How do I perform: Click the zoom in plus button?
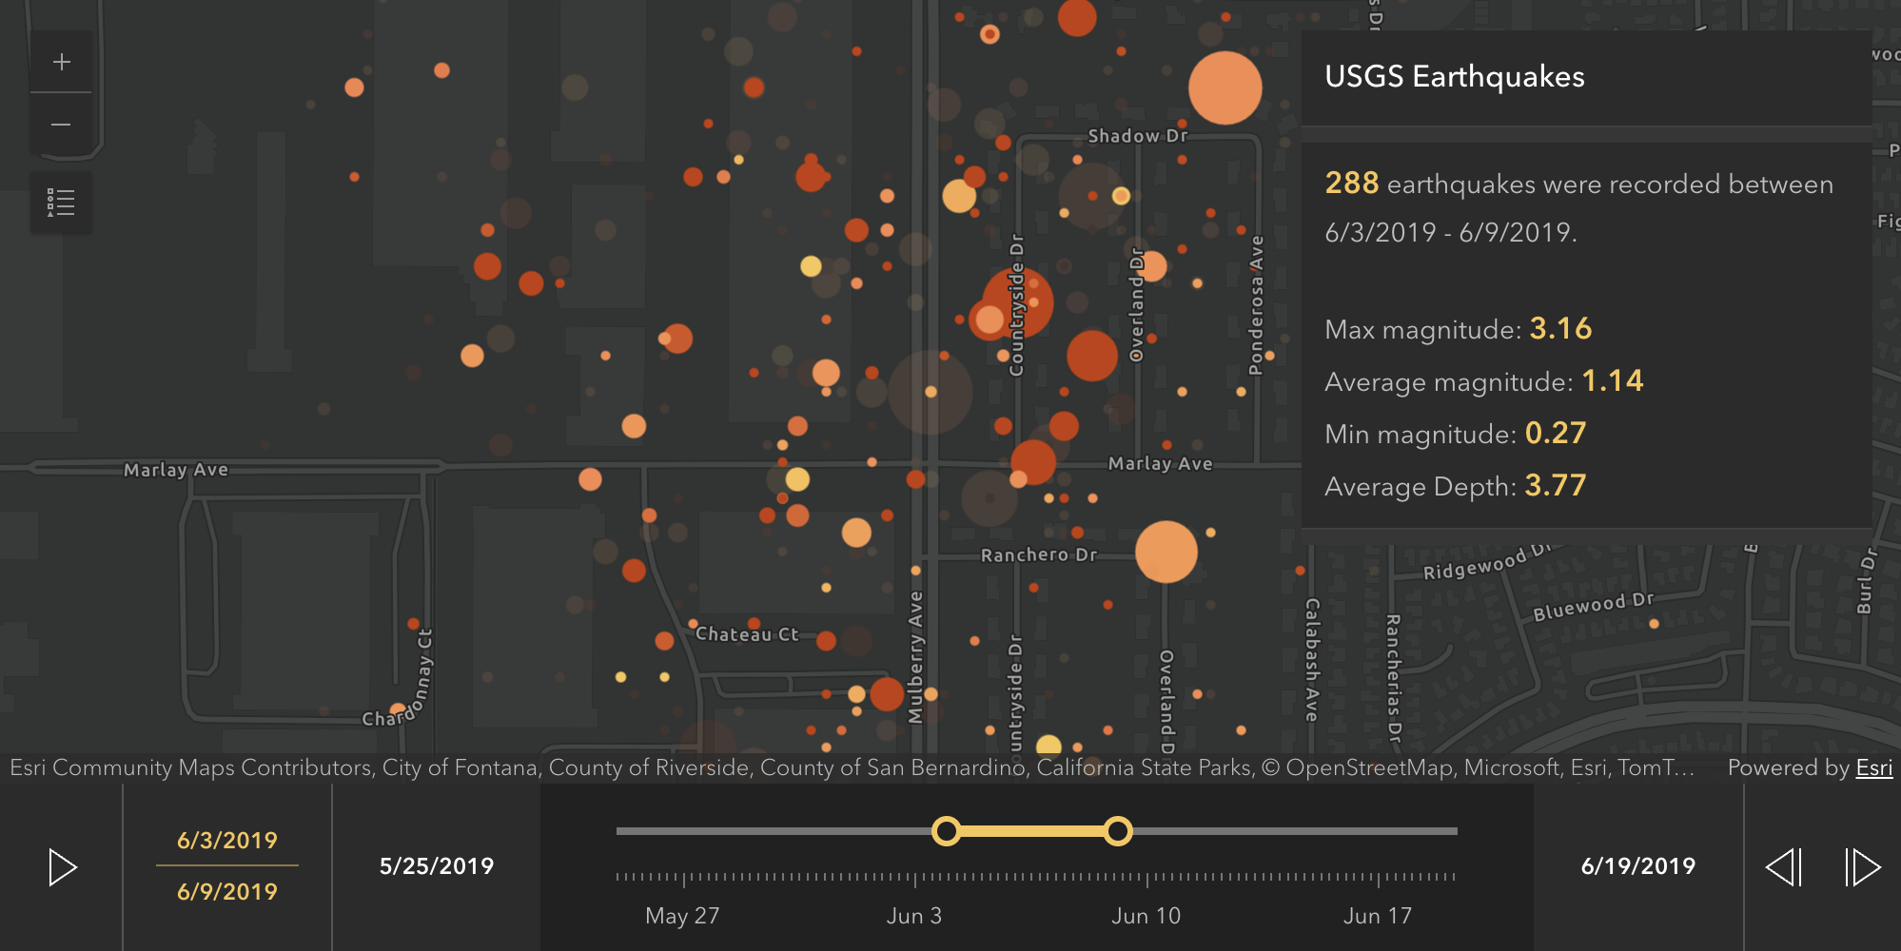point(62,63)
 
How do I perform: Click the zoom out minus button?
point(62,125)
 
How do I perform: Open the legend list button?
point(62,203)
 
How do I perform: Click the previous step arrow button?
point(1784,867)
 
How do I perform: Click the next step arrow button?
point(1862,867)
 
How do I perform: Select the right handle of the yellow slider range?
point(1118,831)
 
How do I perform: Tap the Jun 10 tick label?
point(1146,916)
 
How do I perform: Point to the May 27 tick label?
point(682,916)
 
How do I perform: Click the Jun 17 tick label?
point(1377,916)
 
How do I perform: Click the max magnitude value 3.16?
point(1560,329)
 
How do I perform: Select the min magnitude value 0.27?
point(1556,434)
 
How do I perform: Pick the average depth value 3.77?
point(1556,486)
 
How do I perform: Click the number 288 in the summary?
point(1351,183)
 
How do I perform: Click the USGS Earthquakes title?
point(1455,77)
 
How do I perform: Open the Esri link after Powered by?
point(1874,767)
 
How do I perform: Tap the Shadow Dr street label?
point(1138,136)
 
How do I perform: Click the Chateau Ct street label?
point(747,634)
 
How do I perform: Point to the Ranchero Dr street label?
point(1039,555)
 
